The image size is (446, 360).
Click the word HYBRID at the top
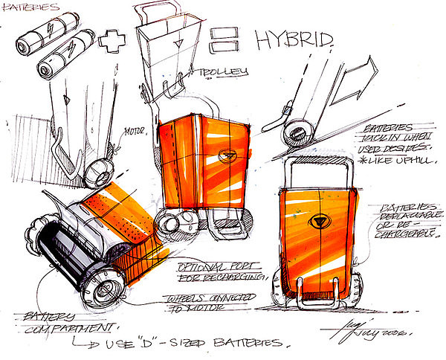(293, 40)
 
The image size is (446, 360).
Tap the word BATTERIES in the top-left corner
(30, 6)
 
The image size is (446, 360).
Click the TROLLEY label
(223, 74)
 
